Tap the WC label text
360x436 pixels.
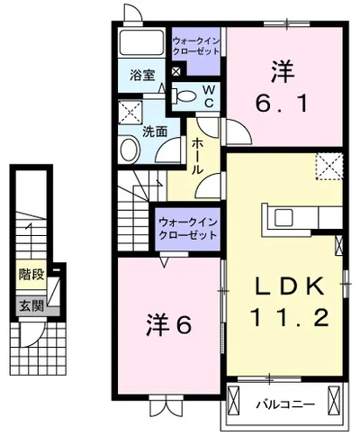206,95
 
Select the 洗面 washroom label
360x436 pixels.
155,132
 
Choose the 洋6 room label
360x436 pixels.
168,324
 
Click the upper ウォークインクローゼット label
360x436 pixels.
197,45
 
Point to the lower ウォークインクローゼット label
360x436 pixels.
188,227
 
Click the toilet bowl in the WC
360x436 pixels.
186,95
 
